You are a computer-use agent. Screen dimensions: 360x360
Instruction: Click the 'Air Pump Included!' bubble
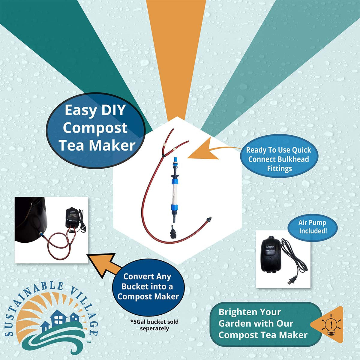313,226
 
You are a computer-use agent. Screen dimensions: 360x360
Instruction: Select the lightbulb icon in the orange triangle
331,325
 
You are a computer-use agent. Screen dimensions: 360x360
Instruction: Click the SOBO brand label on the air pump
270,247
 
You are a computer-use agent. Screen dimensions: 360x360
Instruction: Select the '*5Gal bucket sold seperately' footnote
154,325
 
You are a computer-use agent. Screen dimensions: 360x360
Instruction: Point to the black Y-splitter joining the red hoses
164,155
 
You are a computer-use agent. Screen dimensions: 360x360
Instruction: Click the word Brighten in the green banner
250,312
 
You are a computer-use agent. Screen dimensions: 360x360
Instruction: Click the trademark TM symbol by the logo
88,342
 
